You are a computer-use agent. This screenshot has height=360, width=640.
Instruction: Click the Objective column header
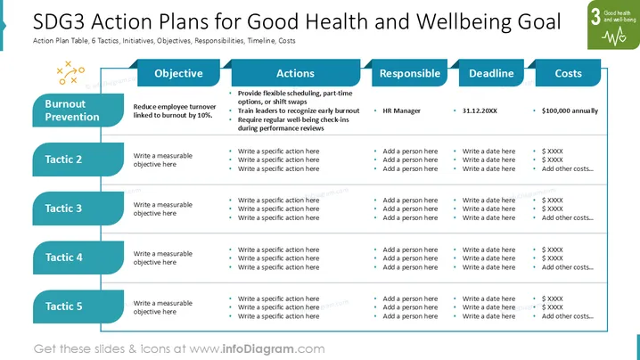tap(178, 73)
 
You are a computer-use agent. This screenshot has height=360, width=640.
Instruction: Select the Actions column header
tap(296, 73)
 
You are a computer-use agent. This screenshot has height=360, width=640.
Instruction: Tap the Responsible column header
tap(409, 73)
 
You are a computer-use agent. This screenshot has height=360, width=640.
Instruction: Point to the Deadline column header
tap(491, 73)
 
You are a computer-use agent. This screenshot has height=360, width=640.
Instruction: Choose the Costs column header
tap(568, 73)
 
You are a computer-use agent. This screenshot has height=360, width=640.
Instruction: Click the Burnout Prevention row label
tap(78, 110)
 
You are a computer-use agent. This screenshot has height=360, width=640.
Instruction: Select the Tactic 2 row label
tap(78, 160)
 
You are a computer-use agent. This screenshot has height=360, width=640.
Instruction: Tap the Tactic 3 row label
tap(78, 209)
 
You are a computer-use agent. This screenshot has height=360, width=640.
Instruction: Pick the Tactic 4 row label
tap(78, 258)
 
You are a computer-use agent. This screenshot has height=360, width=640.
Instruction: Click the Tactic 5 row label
tap(78, 307)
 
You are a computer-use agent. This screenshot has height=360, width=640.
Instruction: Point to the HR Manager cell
tap(401, 110)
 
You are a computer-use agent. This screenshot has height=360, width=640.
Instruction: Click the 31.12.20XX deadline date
tap(480, 110)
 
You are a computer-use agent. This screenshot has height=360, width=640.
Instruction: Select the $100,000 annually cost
tap(570, 110)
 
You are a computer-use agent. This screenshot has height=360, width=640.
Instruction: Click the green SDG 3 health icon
tap(613, 25)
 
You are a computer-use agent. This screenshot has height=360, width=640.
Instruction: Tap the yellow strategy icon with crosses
tap(70, 73)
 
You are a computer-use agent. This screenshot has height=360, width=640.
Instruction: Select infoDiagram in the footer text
tap(258, 349)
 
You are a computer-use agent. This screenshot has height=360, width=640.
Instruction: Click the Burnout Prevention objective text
tap(175, 110)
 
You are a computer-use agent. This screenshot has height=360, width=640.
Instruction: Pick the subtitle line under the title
tap(164, 41)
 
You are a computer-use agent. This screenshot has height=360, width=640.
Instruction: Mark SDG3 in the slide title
tap(59, 21)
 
